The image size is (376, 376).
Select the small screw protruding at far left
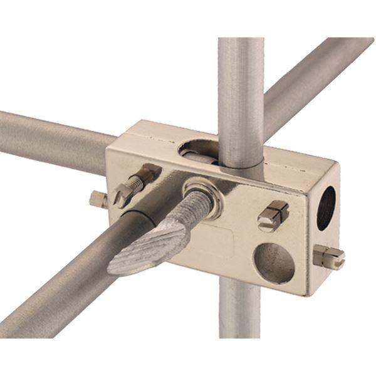point(98,200)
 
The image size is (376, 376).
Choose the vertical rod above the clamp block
point(241,94)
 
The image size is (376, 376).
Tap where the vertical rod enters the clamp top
point(241,164)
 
